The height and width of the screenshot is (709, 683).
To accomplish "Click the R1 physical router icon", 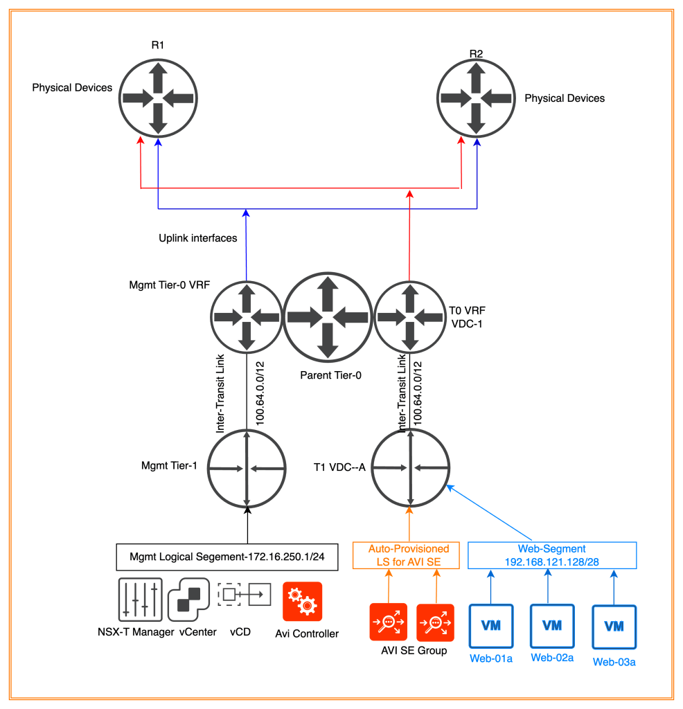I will click(157, 98).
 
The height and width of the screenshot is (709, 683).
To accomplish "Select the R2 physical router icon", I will click(475, 98).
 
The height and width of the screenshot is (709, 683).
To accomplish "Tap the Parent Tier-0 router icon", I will click(327, 316).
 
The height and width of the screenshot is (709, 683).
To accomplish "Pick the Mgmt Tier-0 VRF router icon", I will click(247, 316).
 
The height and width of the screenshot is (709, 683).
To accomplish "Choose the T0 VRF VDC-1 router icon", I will click(410, 316).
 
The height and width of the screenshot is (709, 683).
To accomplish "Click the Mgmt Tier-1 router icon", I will click(247, 469).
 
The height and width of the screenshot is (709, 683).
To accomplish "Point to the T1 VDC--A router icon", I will click(411, 469).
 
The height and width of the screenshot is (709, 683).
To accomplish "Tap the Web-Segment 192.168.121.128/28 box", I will click(553, 555).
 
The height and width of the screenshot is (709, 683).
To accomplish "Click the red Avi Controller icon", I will click(303, 601).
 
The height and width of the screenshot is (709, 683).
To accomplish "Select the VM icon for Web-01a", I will click(491, 625).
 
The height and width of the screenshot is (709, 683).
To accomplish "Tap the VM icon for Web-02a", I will click(552, 625).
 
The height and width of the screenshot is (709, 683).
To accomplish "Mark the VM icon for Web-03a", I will click(614, 626).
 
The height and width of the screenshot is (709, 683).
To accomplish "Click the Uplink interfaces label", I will click(197, 238).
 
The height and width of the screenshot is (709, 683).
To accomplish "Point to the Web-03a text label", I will click(614, 663).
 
